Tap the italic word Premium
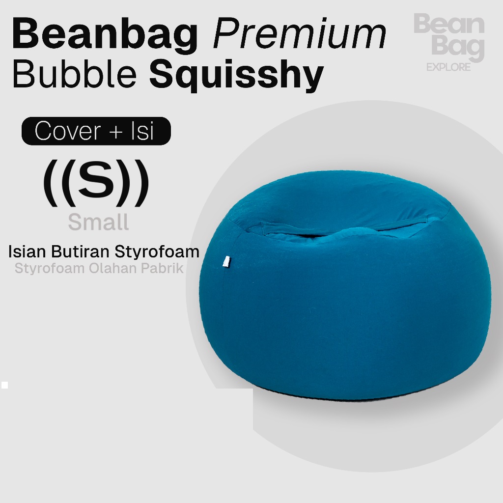click(300, 34)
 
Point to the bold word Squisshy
click(236, 76)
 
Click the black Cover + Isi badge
click(96, 131)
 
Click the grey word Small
click(98, 222)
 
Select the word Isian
click(27, 251)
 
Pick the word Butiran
click(80, 251)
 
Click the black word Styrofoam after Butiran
click(157, 252)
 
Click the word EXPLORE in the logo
click(448, 67)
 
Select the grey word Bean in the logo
click(449, 24)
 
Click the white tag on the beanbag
click(227, 261)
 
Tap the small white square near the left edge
click(4, 385)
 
